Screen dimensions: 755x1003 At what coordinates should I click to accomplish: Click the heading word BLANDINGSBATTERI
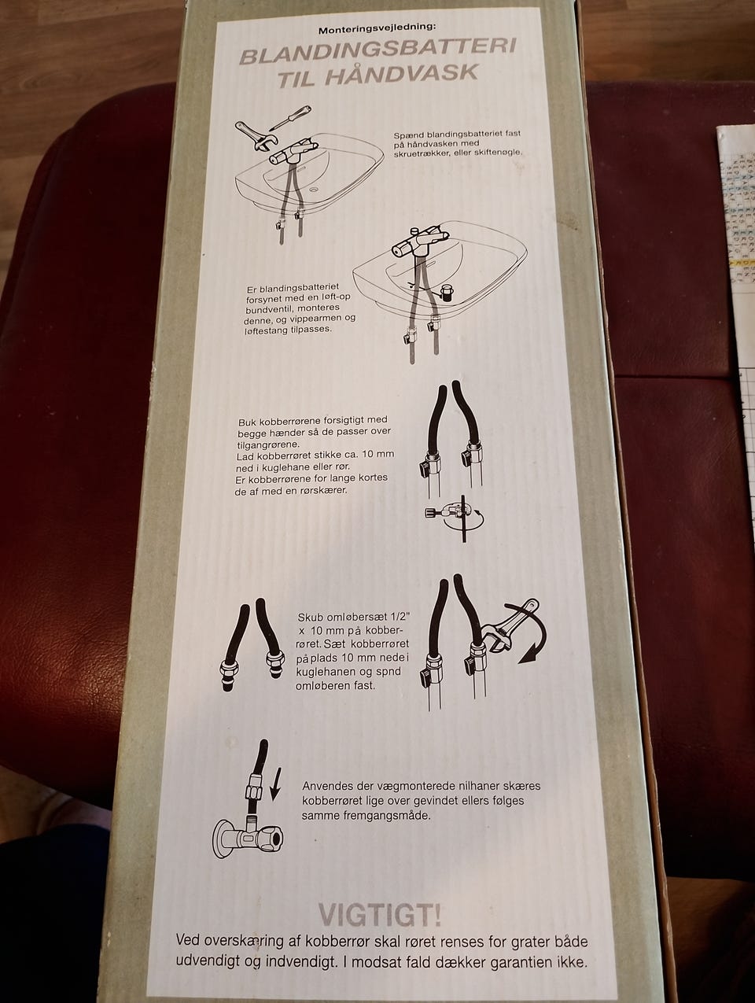coord(378,52)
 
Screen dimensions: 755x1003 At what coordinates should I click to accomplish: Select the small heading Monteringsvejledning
coord(377,30)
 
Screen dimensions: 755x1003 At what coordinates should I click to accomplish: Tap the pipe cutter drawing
coord(454,518)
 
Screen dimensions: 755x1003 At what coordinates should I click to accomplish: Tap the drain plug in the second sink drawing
coord(444,292)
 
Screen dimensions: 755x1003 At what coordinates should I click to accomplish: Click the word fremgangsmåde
coord(387,816)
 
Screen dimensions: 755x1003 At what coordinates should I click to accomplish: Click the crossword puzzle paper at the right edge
coord(737,275)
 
